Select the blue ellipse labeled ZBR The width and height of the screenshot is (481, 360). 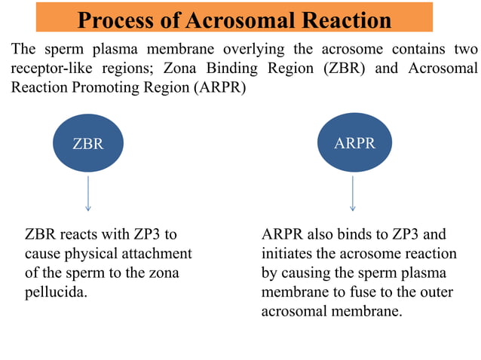pyautogui.click(x=88, y=143)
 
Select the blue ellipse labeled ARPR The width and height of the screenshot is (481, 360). pyautogui.click(x=354, y=142)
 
